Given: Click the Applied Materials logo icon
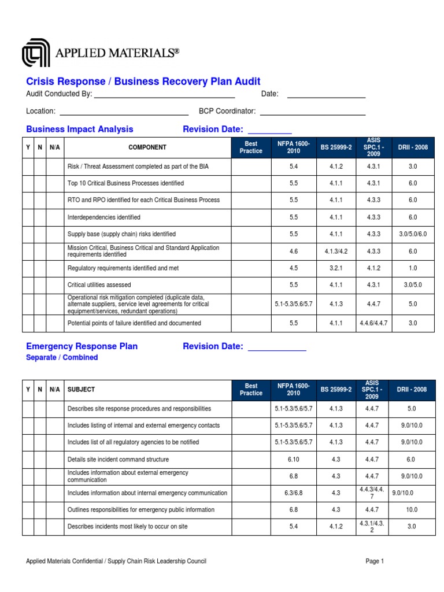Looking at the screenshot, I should tap(36, 53).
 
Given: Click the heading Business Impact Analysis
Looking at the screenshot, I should tap(80, 129).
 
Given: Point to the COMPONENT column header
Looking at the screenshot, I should tap(147, 147).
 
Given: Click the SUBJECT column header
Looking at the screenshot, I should tap(82, 390).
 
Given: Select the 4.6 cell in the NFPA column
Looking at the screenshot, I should tap(294, 251).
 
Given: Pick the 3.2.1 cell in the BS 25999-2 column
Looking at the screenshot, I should tap(336, 268).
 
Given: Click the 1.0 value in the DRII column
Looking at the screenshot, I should tap(413, 268).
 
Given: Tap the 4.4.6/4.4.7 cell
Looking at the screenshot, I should tap(372, 323).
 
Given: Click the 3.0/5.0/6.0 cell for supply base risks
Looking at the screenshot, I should tap(413, 234).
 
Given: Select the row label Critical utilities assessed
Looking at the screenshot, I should tap(99, 285).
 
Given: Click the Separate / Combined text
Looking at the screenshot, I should tap(62, 358).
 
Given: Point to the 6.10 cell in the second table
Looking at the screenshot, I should tap(294, 460).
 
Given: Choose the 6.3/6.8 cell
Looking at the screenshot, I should tap(294, 493).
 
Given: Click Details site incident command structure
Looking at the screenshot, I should tap(119, 460).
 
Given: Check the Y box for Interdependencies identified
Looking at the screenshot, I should tap(28, 217).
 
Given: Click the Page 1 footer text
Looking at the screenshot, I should tap(375, 561).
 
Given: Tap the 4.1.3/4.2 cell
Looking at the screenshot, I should tap(336, 251).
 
